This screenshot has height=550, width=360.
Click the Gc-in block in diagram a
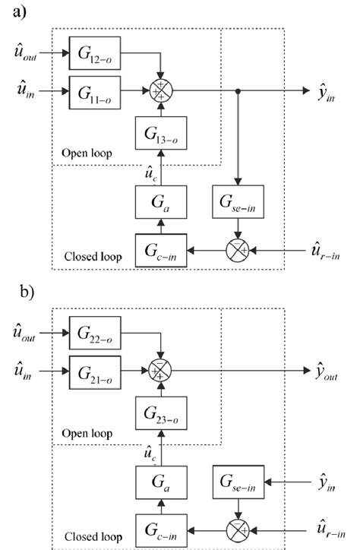[x=160, y=249]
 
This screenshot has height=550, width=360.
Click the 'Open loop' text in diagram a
[x=86, y=153]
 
